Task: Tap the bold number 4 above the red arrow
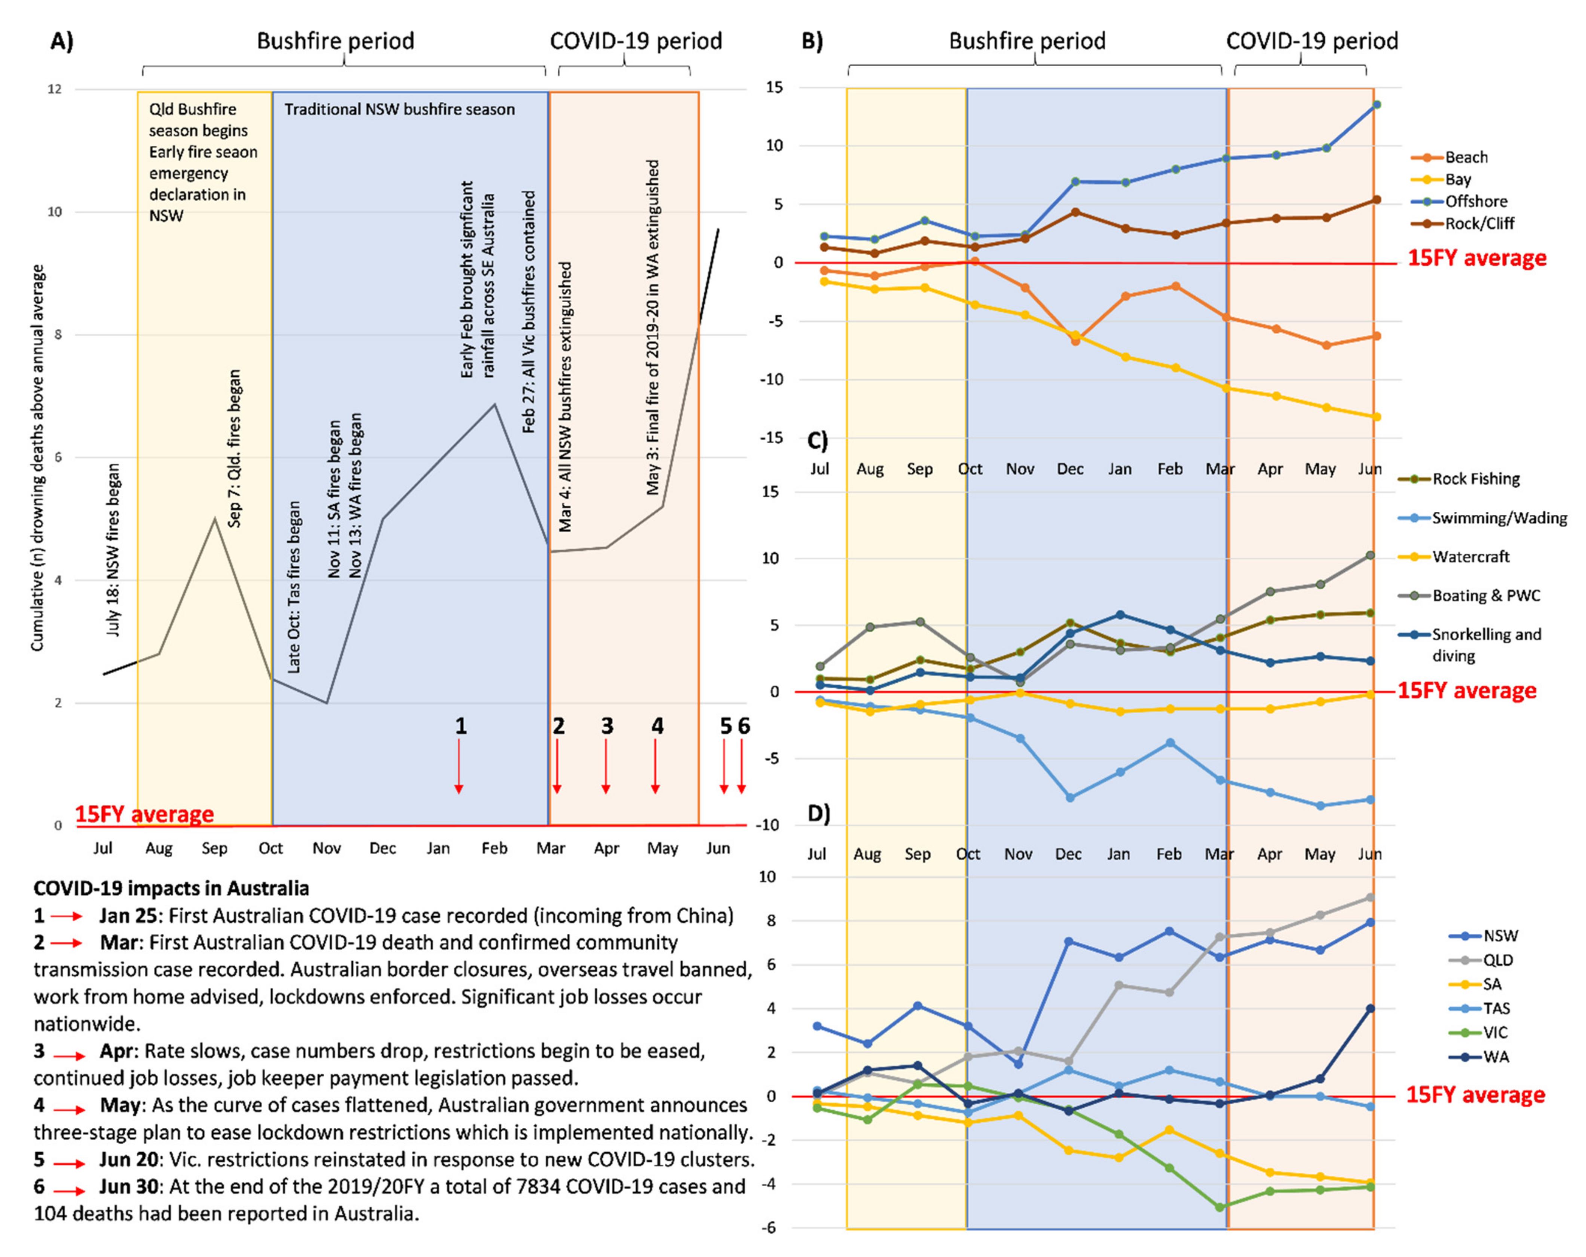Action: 657,727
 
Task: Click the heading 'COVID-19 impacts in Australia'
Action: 171,889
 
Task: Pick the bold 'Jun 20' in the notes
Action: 129,1160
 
